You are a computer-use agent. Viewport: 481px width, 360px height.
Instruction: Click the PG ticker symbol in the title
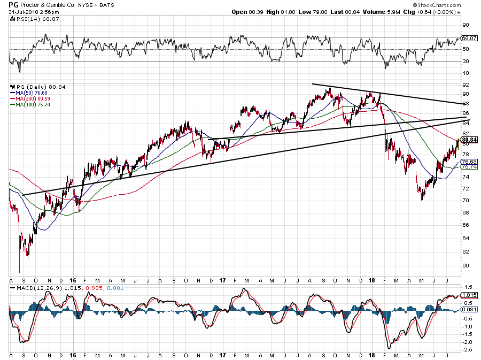click(x=13, y=4)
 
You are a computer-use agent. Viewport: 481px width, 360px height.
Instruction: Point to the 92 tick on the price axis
click(x=466, y=85)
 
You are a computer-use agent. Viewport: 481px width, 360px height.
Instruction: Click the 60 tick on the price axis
click(x=466, y=265)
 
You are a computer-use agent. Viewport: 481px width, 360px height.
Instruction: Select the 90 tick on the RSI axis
click(x=466, y=25)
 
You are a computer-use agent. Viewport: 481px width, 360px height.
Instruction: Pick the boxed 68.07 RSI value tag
click(x=468, y=39)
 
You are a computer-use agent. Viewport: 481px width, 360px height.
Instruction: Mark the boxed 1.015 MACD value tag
click(x=468, y=295)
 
